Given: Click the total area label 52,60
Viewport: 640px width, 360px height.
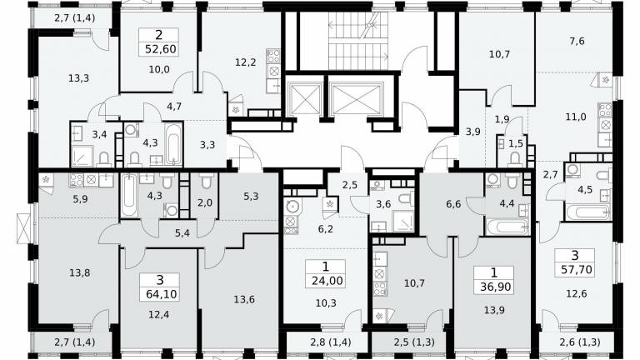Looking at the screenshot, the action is [x=160, y=49].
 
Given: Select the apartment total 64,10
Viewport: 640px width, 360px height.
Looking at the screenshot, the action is [x=160, y=294].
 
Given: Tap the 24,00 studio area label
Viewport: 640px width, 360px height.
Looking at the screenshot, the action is [x=327, y=280].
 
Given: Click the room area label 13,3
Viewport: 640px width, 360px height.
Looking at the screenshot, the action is [x=79, y=77].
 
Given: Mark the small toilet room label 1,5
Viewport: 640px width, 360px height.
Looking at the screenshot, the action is [x=516, y=143].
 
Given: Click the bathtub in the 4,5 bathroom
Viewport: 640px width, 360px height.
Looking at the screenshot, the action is [x=587, y=212].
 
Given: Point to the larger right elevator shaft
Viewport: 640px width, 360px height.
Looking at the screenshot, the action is [x=357, y=99].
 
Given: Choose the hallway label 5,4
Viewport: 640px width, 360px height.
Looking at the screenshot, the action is [x=182, y=233].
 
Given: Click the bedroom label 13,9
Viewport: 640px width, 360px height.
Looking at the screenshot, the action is [x=494, y=310].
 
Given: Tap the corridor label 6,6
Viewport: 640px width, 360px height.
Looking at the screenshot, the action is [x=453, y=203].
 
